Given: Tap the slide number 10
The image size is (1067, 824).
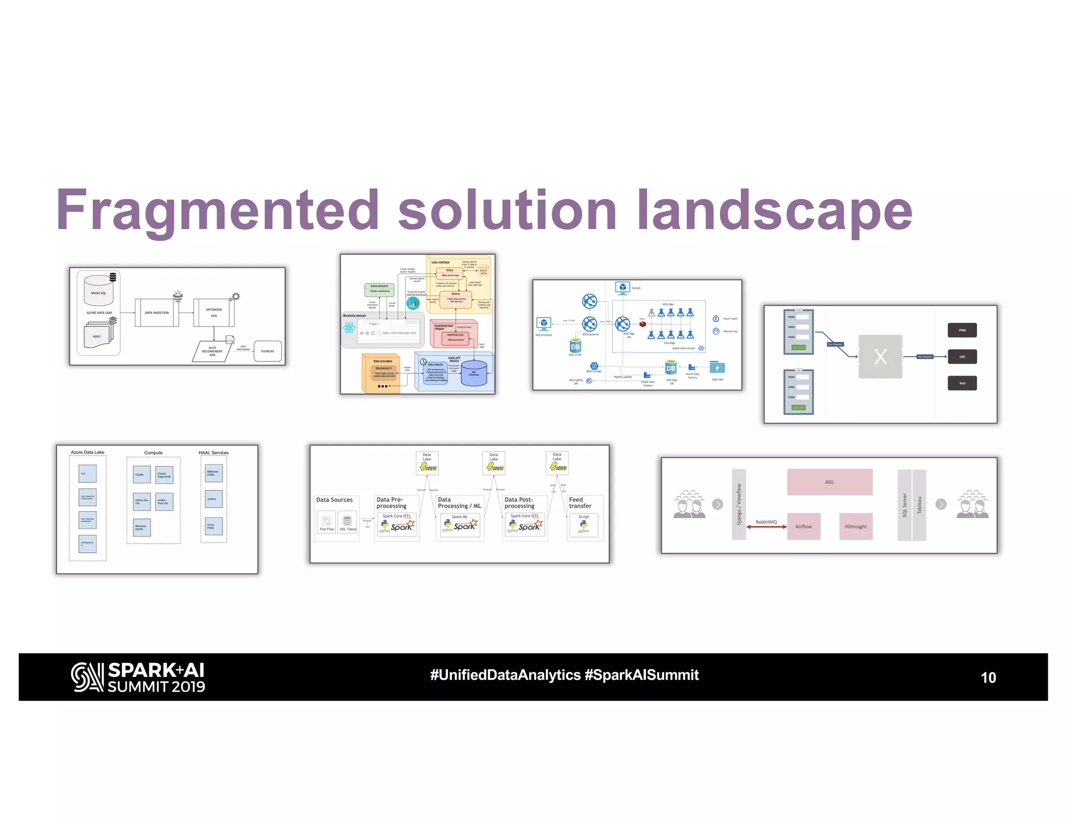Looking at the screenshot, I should click(988, 677).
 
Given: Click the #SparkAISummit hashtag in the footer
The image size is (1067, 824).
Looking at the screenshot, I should click(641, 675).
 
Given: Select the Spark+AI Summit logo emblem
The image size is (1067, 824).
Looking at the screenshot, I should click(87, 677).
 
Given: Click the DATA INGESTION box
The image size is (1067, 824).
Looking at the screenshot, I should click(157, 313).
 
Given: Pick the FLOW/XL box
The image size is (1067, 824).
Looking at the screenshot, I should click(268, 351).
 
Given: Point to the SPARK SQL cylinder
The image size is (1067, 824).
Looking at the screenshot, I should click(98, 290).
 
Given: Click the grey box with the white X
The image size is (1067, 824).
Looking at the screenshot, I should click(880, 357).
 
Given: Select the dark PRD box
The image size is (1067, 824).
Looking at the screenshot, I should click(962, 330).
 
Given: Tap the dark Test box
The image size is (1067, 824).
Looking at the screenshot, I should click(962, 383).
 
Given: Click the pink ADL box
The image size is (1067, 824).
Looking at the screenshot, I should click(829, 482).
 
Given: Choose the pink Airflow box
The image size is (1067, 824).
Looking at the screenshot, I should click(803, 527).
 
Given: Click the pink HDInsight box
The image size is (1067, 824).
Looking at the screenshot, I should click(855, 527).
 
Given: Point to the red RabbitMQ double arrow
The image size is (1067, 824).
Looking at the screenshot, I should click(766, 527).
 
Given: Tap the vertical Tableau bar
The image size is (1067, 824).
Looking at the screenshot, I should click(920, 505).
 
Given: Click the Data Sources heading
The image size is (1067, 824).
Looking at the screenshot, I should click(334, 500).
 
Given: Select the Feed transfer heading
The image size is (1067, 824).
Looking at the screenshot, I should click(580, 503).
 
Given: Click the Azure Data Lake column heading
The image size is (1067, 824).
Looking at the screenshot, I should click(88, 452).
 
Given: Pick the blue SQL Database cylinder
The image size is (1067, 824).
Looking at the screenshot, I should click(474, 373).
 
